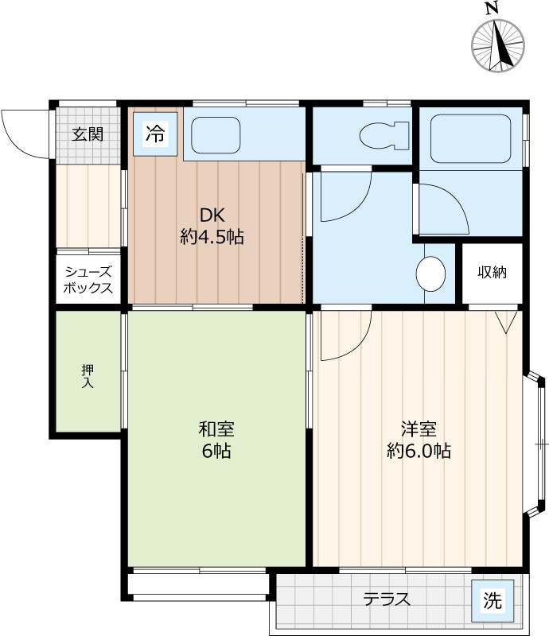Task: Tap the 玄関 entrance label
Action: click(88, 134)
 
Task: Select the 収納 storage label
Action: click(492, 272)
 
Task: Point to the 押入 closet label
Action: click(88, 376)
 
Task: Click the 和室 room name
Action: click(216, 429)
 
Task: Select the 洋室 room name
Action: click(419, 429)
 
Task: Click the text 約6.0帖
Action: click(419, 451)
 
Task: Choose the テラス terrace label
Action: click(387, 599)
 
